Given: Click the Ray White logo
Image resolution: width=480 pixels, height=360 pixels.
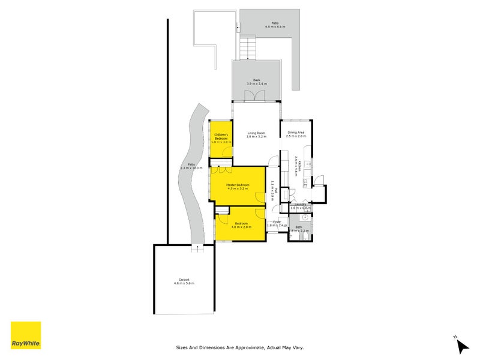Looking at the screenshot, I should click(26, 335).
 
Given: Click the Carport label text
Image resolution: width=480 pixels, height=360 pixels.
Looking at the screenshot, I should click(184, 281).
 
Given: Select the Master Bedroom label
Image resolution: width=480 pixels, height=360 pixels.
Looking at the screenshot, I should click(238, 187).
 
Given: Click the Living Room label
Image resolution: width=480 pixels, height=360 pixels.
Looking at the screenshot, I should click(257, 135).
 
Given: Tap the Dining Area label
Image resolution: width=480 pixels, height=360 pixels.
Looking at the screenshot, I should click(296, 134).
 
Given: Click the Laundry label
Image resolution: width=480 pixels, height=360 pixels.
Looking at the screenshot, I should click(300, 206).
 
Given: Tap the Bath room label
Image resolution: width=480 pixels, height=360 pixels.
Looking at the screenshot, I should click(299, 229).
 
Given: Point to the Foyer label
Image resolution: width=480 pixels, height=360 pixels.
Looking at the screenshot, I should click(277, 224).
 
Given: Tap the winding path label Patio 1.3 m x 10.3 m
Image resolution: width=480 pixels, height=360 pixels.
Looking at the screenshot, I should click(191, 166).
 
